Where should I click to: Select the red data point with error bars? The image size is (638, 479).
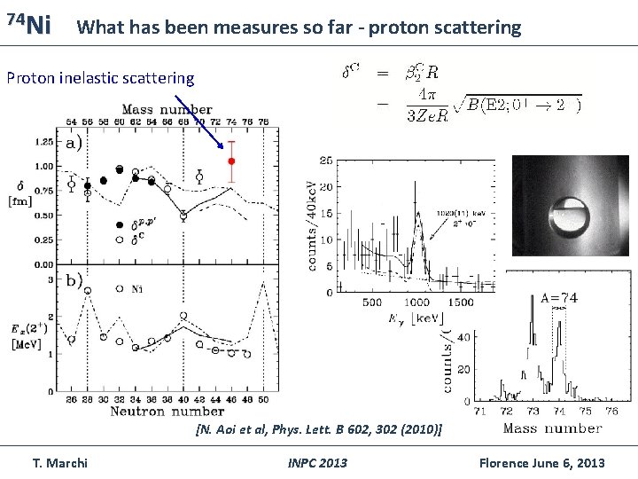pyautogui.click(x=231, y=161)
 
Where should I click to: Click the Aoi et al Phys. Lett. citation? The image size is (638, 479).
pyautogui.click(x=318, y=430)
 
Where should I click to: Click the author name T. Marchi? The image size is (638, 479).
pyautogui.click(x=60, y=463)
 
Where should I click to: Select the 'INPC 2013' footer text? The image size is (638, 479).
pyautogui.click(x=317, y=463)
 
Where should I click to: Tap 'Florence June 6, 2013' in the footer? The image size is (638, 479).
pyautogui.click(x=541, y=463)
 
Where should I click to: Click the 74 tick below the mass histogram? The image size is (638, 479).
pyautogui.click(x=562, y=411)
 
